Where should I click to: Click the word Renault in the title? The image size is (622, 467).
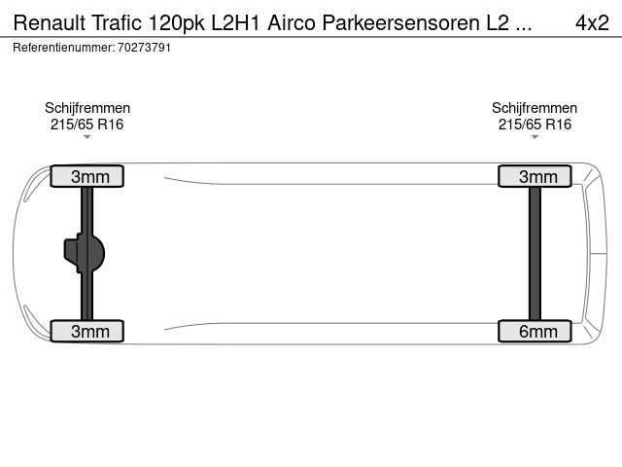coord(50,22)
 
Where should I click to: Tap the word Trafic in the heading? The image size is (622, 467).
coord(117,22)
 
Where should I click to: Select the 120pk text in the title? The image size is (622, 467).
coord(177,23)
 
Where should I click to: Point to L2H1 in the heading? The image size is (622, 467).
coord(235,22)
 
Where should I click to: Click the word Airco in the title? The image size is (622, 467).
coord(292,22)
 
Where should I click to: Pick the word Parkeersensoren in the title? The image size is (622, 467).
coord(400,22)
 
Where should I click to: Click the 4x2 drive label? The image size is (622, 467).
coord(592,22)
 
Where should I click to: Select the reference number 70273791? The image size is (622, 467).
coord(145,48)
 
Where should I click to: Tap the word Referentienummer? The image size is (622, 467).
coord(64,48)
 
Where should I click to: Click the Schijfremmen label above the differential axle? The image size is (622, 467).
coord(87,108)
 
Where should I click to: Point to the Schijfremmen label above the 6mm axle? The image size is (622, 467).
coord(535,108)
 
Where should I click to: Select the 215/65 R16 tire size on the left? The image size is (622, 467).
coord(86,125)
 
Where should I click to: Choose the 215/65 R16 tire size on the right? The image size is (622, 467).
coord(535,125)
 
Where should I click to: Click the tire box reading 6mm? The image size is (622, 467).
coord(535,331)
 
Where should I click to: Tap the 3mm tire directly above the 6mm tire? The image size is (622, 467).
coord(535,176)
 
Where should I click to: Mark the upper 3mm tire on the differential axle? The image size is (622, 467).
coord(87,176)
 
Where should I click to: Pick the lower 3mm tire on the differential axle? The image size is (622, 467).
coord(87,331)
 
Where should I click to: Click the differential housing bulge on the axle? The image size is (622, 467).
coord(85,253)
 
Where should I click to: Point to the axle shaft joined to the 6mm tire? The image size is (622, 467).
coord(535,253)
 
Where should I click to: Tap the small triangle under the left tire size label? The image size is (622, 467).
coord(87,137)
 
